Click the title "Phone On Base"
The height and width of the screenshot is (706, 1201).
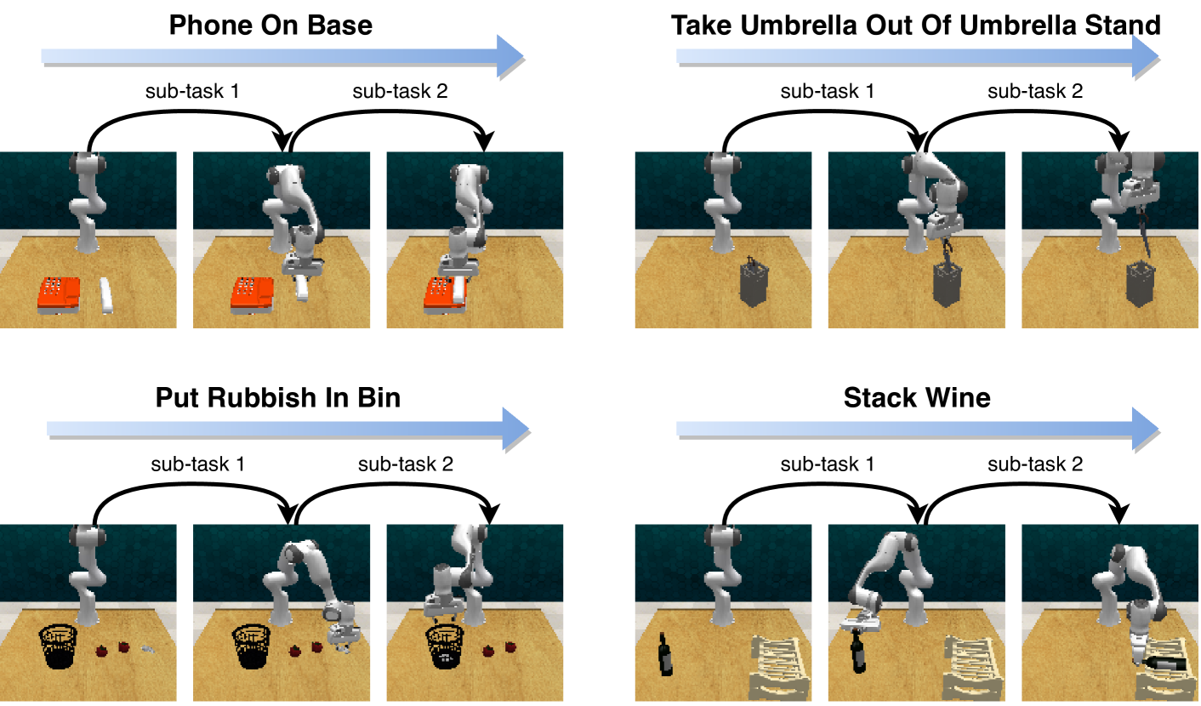(x=270, y=26)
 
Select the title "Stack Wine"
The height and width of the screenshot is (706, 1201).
(x=917, y=398)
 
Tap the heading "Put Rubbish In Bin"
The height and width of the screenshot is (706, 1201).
(x=278, y=398)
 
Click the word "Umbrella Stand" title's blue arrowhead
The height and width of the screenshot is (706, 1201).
(x=1145, y=56)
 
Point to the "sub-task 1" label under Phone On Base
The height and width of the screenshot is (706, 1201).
(x=192, y=91)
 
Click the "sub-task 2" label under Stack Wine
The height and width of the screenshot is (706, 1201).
(x=1035, y=464)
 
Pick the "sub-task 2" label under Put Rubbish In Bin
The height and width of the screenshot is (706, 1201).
(x=406, y=464)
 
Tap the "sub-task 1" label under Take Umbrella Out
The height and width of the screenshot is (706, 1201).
(x=828, y=91)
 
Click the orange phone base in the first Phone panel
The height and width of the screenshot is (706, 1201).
(x=59, y=293)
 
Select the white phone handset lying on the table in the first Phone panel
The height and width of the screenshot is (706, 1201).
(x=106, y=295)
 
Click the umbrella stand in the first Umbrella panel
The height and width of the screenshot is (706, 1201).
(x=754, y=282)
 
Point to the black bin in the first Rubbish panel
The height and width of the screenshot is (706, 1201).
(x=58, y=646)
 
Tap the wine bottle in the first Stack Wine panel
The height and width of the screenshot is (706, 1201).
(x=665, y=654)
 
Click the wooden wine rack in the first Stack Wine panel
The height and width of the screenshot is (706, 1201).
(x=780, y=668)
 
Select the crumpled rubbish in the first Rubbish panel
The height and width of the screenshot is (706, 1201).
(x=149, y=650)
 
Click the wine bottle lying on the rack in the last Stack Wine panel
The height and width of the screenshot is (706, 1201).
(x=1165, y=663)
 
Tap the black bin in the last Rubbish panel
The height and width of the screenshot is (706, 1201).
(x=445, y=646)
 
